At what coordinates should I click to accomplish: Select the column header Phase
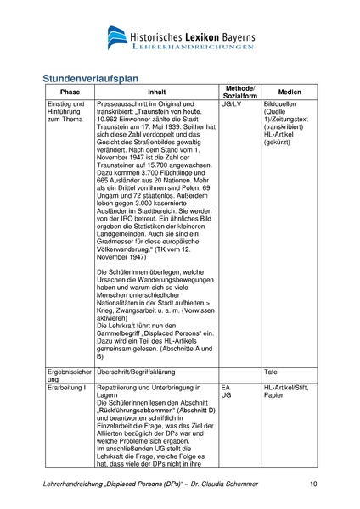click(x=70, y=92)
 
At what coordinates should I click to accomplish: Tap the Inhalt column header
click(x=157, y=92)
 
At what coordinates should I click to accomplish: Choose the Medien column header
click(x=289, y=92)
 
